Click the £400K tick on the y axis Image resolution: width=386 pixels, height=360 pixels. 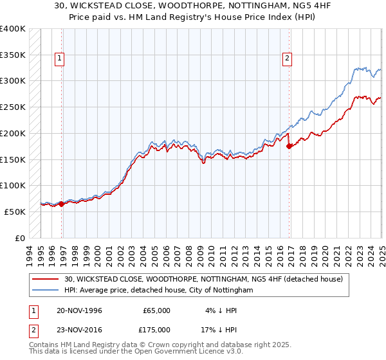click(13, 29)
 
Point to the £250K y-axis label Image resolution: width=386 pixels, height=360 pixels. click(13, 107)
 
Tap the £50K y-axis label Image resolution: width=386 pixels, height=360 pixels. click(15, 212)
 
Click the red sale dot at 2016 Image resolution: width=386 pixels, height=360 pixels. click(289, 146)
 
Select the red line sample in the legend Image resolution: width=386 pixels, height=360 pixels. click(46, 279)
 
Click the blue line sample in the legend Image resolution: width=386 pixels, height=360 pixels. click(46, 291)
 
